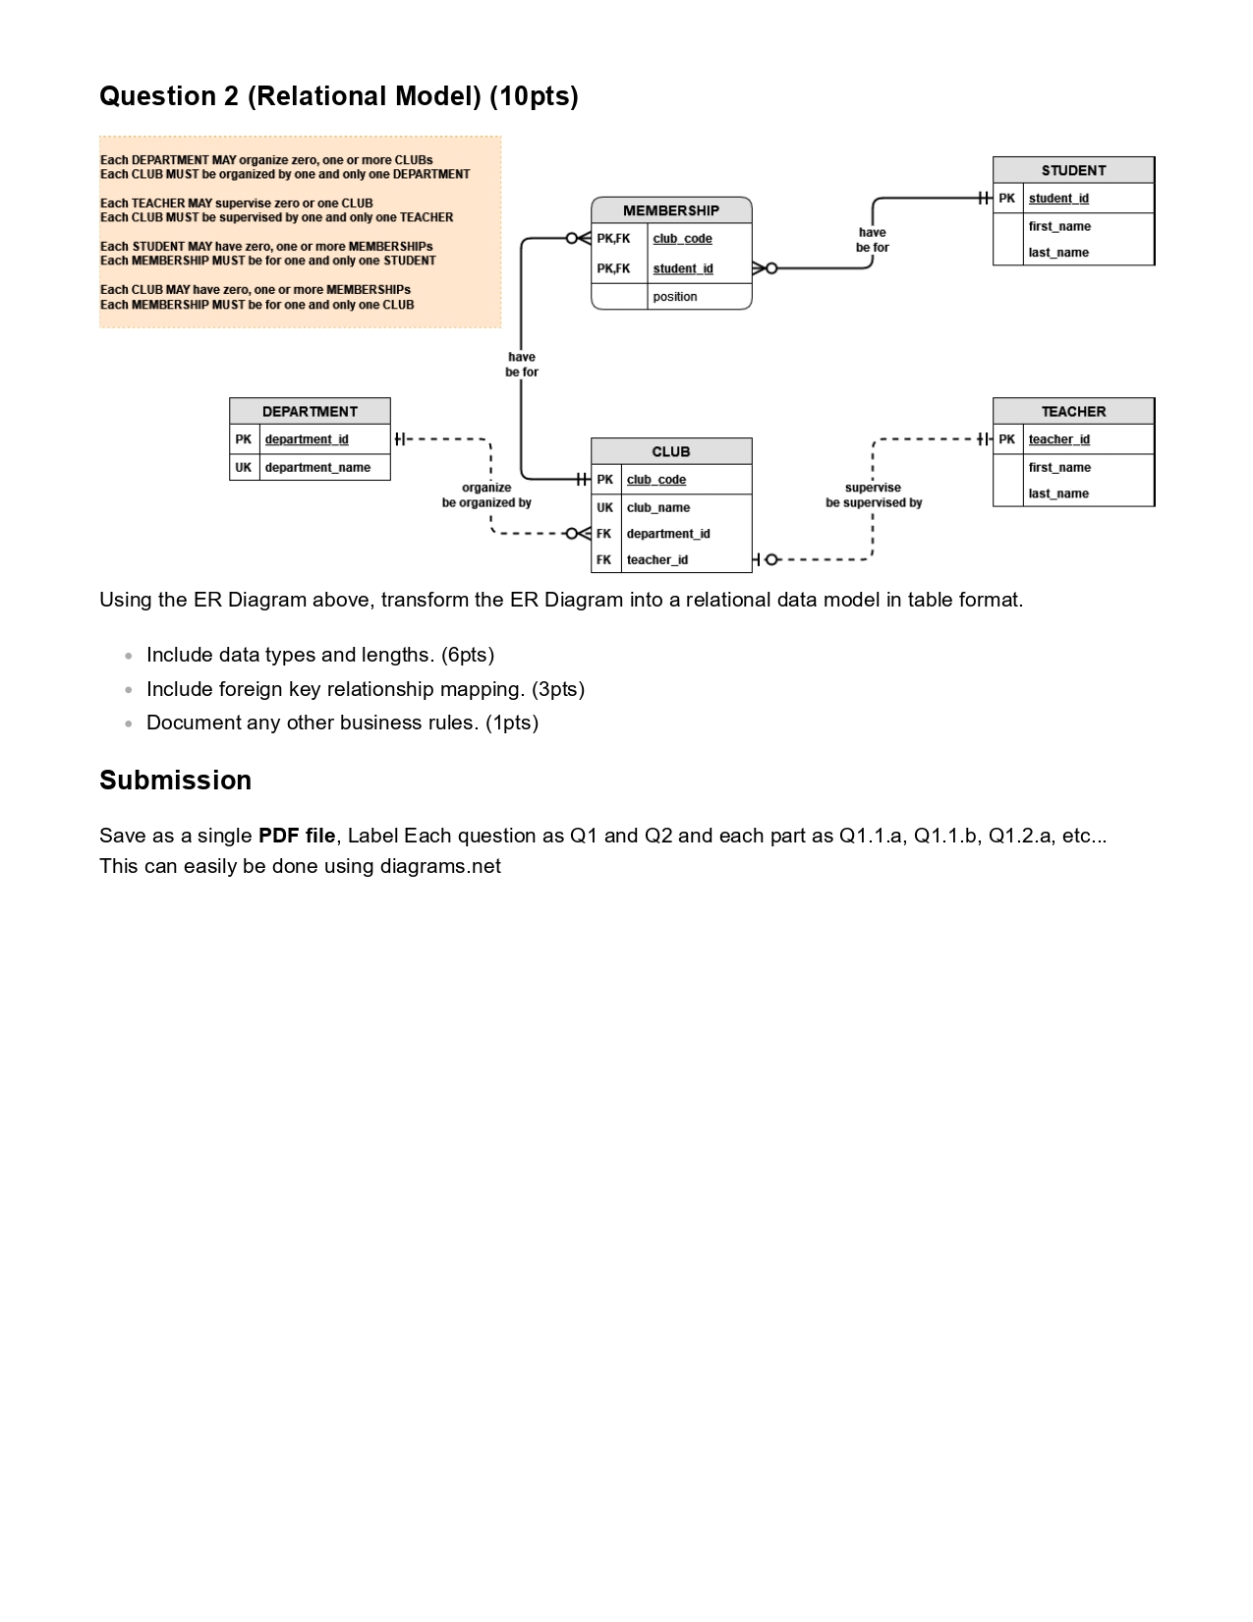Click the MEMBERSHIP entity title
(671, 210)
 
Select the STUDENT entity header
(1073, 170)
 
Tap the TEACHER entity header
(1073, 411)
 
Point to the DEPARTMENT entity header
(310, 411)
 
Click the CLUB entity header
(671, 451)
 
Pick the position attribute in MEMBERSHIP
(675, 297)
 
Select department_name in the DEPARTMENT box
(317, 468)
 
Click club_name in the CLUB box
(658, 507)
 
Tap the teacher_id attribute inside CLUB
(657, 560)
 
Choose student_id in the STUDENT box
(1058, 199)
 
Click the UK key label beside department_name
(243, 468)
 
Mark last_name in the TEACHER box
(1058, 493)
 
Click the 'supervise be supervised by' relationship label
(874, 495)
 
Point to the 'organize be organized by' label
(486, 495)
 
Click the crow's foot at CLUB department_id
(578, 534)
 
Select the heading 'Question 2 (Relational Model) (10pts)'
(339, 96)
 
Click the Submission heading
(176, 781)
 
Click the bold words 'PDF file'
(297, 836)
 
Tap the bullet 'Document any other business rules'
(342, 723)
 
